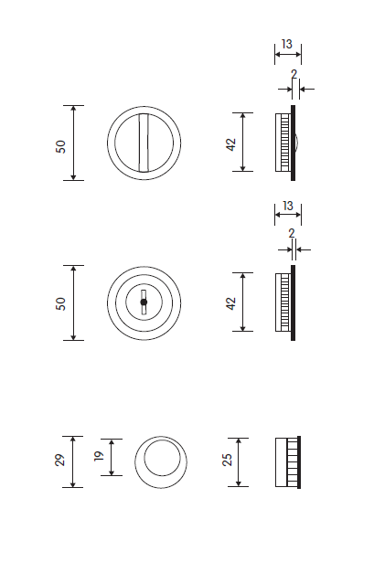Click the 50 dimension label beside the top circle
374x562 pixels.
pos(61,146)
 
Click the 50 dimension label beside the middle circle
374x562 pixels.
pos(61,303)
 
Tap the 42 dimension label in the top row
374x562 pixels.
pos(231,144)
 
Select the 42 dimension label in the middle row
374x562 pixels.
pos(231,303)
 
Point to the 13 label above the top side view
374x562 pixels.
pos(287,44)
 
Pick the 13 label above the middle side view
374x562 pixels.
pos(288,207)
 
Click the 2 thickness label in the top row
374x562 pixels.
pos(294,74)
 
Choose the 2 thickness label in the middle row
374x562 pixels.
pos(292,233)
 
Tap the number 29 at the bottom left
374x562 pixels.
pos(59,460)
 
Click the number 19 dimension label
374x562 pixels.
pos(99,456)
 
